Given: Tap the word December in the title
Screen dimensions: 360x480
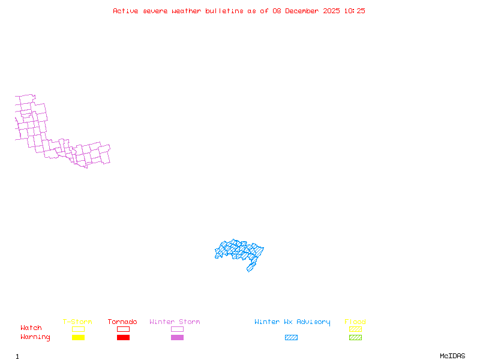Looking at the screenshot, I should point(303,11).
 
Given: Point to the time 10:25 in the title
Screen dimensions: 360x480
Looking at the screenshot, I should point(355,11).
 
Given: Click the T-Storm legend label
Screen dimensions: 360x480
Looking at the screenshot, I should point(77,322).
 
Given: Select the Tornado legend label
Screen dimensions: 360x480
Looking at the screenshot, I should point(122,322).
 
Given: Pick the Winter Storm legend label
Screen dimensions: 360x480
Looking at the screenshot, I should point(175,322).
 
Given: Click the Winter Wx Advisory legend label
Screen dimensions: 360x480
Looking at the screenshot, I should point(292,322).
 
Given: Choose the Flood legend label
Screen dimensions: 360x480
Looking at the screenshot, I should point(355,322).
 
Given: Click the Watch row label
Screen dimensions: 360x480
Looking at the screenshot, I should point(31,328).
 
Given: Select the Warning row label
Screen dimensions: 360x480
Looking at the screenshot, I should point(35,337).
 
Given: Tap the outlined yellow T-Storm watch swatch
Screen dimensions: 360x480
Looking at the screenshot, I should point(78,329).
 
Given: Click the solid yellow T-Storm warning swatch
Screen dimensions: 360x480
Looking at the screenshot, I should point(78,337).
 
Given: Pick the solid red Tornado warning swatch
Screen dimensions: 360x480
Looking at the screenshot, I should point(123,337).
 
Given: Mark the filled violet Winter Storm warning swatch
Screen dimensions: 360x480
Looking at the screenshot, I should point(177,337).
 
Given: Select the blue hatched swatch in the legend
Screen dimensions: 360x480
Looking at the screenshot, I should point(291,337).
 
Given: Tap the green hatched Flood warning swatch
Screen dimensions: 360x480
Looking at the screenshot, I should point(355,337).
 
